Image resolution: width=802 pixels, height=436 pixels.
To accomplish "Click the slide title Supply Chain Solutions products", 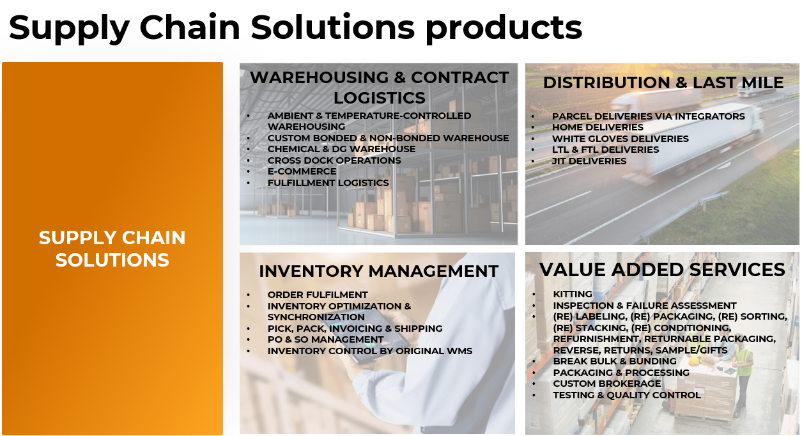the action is pos(295,28).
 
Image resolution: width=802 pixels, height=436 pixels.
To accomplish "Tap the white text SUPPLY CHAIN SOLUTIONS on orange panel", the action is pos(112,249).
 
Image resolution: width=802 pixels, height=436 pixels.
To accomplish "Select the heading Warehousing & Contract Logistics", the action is pos(379,88).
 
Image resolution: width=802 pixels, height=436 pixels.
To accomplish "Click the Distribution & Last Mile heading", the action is pos(663,82).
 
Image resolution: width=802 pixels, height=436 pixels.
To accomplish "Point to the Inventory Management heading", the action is pos(378,271).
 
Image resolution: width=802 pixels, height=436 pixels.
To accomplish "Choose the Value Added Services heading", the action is pos(662,269).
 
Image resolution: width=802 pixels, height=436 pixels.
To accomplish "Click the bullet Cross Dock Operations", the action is pos(334,160).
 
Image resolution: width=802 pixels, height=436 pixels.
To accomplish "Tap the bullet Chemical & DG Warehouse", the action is pos(341,149).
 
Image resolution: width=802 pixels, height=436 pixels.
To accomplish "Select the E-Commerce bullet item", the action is pos(302,171).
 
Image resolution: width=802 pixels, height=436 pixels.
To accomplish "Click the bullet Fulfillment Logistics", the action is pos(328,183).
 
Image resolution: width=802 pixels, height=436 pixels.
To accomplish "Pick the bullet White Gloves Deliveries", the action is pos(620,139).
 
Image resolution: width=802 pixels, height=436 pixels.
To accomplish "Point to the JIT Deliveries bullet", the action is pos(589,161).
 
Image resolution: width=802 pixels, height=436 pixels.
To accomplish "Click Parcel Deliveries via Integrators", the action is pos(649,116).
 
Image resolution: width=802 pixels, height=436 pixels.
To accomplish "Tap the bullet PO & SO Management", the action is pos(325,339).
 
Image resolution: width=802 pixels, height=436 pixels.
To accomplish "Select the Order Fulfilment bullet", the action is pos(318,295).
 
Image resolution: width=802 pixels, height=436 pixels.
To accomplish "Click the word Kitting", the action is pos(573,294).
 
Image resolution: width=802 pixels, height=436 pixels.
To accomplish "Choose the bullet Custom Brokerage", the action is pos(607,384).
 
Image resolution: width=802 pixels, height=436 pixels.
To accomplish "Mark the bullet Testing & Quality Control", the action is pos(626,395).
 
